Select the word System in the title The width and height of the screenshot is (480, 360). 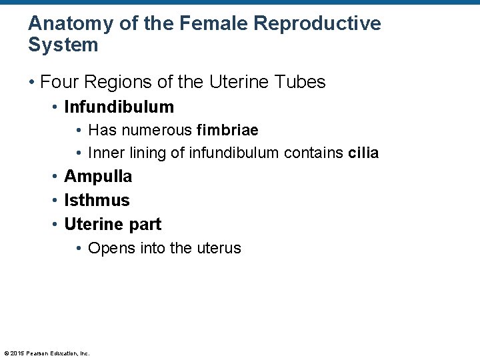[63, 45]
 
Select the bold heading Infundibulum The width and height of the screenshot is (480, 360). [119, 107]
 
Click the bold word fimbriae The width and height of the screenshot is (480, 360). [227, 130]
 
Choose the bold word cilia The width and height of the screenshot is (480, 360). [363, 153]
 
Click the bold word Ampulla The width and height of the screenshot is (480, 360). [98, 177]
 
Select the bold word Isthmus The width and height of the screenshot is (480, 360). [97, 200]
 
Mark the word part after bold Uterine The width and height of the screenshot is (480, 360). [144, 224]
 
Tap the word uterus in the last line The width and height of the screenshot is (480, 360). [219, 248]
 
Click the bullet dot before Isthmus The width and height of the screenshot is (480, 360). [55, 201]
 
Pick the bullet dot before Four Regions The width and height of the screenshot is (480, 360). [31, 83]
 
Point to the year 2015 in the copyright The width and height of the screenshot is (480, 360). [17, 353]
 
